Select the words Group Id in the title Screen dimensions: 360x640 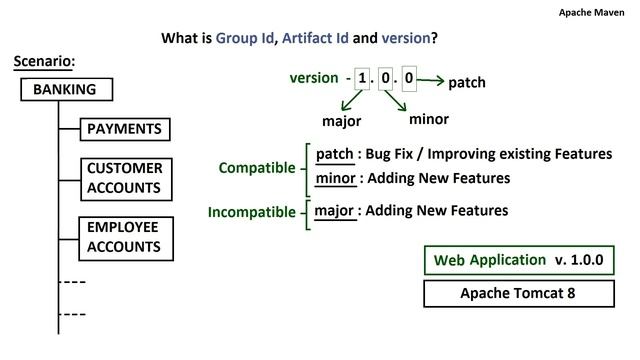[x=244, y=39]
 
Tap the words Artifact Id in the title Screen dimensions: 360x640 [x=315, y=39]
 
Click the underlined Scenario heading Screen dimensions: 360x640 [x=44, y=62]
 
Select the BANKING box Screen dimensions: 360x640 [x=66, y=90]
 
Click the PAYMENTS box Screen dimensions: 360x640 [x=124, y=129]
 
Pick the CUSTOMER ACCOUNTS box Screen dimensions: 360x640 [x=124, y=178]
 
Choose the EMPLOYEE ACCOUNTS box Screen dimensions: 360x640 [x=124, y=237]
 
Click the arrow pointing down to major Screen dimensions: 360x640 [x=352, y=101]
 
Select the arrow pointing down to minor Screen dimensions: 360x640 [x=394, y=100]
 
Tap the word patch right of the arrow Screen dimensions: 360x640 [x=466, y=82]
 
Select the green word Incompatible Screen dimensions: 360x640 [x=250, y=212]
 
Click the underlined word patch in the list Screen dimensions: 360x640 [x=334, y=155]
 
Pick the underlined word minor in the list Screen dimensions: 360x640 [x=335, y=178]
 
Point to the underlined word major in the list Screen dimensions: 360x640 [x=334, y=211]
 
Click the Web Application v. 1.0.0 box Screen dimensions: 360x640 [x=519, y=260]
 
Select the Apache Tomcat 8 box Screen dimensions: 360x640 [x=519, y=293]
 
